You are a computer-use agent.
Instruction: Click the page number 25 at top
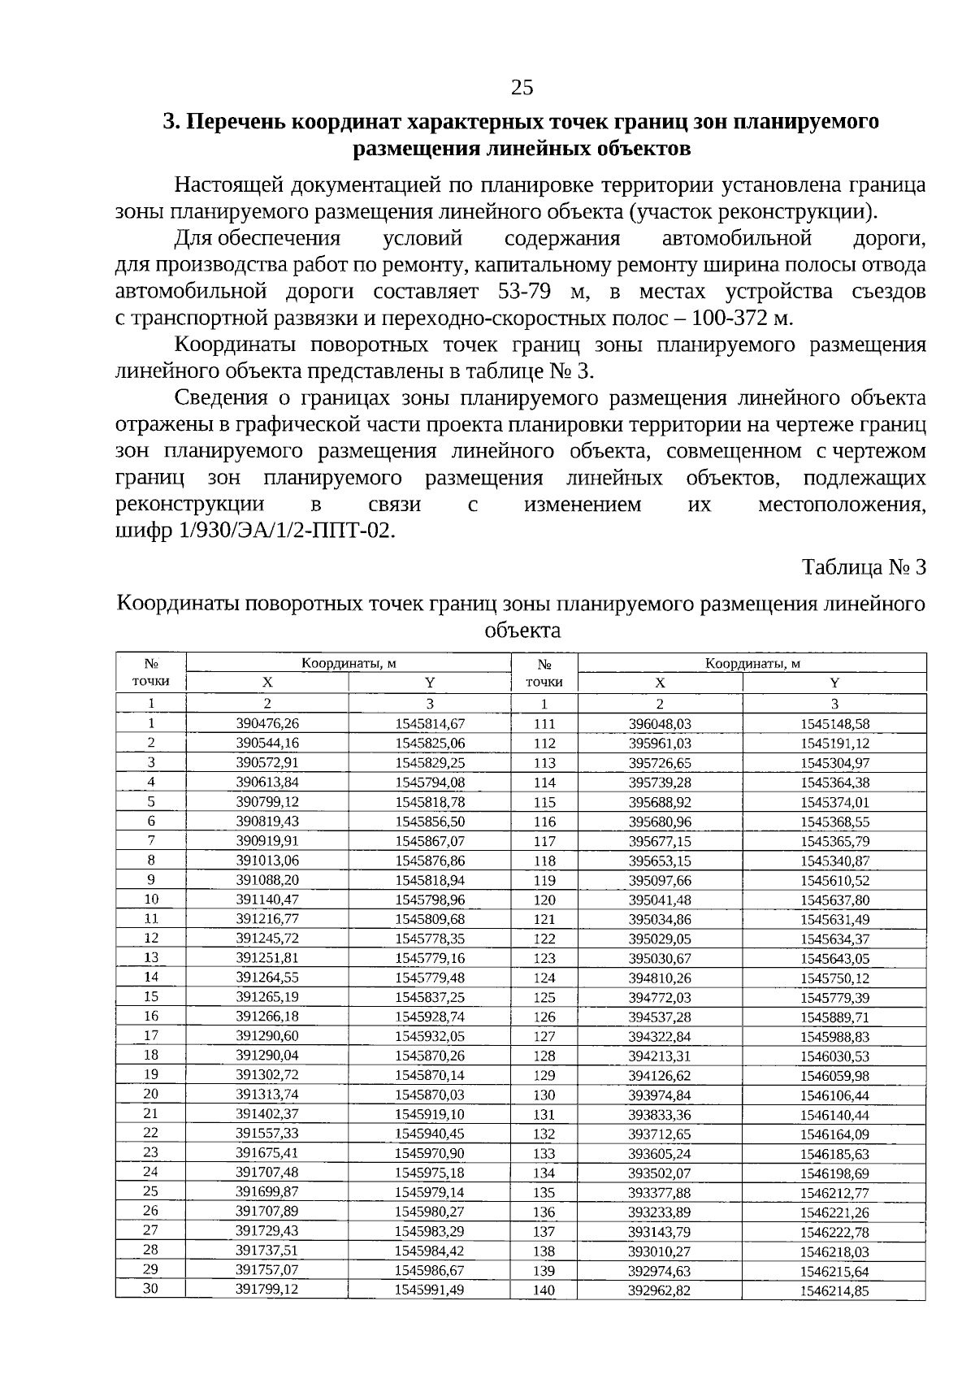(x=522, y=87)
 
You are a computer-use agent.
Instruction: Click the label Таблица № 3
(x=864, y=566)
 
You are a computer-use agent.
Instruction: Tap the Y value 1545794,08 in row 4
(x=430, y=783)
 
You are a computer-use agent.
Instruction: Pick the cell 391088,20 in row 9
(x=267, y=880)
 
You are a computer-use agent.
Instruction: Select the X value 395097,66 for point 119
(x=660, y=881)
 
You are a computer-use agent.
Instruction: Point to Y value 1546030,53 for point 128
(x=834, y=1056)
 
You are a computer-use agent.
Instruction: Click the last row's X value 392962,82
(x=660, y=1290)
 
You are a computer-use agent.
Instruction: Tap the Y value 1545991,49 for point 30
(x=430, y=1290)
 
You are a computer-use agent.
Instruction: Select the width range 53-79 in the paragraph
(x=525, y=292)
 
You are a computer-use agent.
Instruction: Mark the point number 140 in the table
(x=544, y=1290)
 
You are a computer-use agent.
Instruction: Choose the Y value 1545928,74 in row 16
(x=430, y=1017)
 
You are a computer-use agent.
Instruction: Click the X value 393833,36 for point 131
(x=660, y=1115)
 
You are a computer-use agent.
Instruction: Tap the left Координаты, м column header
(x=349, y=663)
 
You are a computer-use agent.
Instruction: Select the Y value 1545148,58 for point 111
(x=834, y=724)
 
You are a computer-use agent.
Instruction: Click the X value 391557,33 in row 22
(x=267, y=1134)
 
